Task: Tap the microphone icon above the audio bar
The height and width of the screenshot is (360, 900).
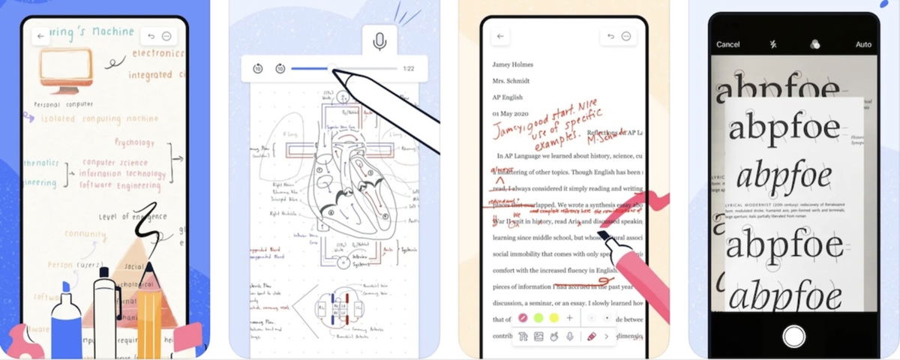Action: [380, 41]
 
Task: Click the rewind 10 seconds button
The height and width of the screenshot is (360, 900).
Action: [257, 69]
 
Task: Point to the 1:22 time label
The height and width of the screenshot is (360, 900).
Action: [409, 69]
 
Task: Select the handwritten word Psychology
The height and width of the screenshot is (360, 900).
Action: [135, 142]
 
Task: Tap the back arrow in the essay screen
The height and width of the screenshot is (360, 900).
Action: [500, 36]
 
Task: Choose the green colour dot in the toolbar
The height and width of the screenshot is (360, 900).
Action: [538, 318]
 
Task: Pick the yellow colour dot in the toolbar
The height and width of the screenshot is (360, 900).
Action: [554, 318]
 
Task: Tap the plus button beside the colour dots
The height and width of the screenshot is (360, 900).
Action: [570, 318]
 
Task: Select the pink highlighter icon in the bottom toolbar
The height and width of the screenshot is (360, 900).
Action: [591, 337]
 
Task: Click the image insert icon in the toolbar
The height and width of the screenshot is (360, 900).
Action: [538, 337]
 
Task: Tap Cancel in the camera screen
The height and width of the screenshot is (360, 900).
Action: [727, 44]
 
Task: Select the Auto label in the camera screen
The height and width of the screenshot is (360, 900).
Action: [863, 44]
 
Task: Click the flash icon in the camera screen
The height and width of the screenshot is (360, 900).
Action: [772, 44]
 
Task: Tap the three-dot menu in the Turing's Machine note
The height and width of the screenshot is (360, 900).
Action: [166, 36]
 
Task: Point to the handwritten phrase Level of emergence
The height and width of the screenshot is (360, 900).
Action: [130, 217]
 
